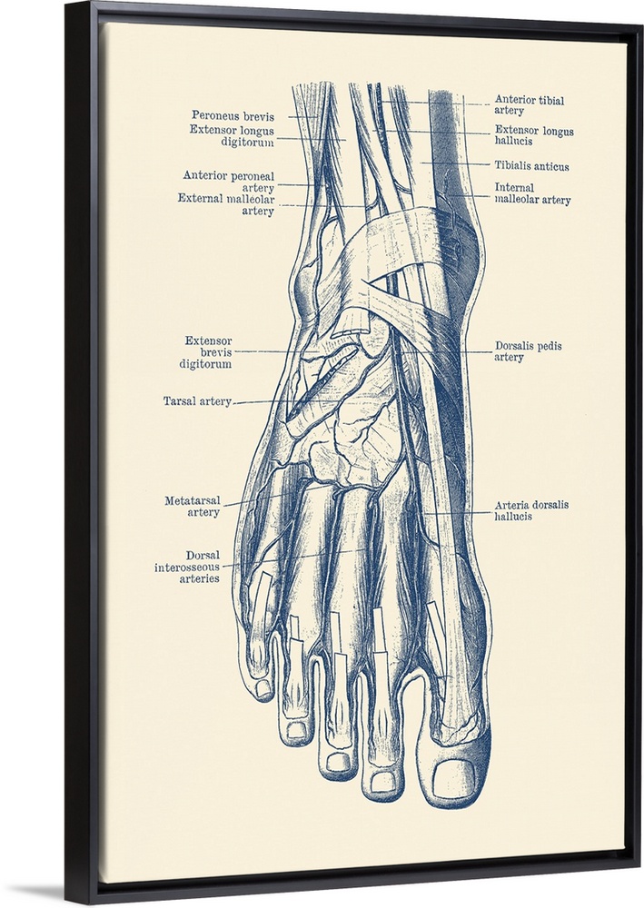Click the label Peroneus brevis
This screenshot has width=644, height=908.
tap(232, 115)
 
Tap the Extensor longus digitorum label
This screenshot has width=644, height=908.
tap(232, 136)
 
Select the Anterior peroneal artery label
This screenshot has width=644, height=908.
tap(228, 182)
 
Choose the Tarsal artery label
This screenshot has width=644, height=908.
tap(197, 400)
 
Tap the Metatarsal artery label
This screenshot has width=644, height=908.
tap(192, 506)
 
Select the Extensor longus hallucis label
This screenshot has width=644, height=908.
tap(534, 136)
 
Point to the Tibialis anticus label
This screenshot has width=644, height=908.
tap(531, 166)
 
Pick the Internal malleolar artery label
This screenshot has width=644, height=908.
tap(532, 193)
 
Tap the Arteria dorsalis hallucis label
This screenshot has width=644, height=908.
tap(531, 510)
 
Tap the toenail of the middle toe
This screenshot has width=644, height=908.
tap(338, 762)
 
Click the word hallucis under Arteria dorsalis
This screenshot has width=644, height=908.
tap(513, 517)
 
